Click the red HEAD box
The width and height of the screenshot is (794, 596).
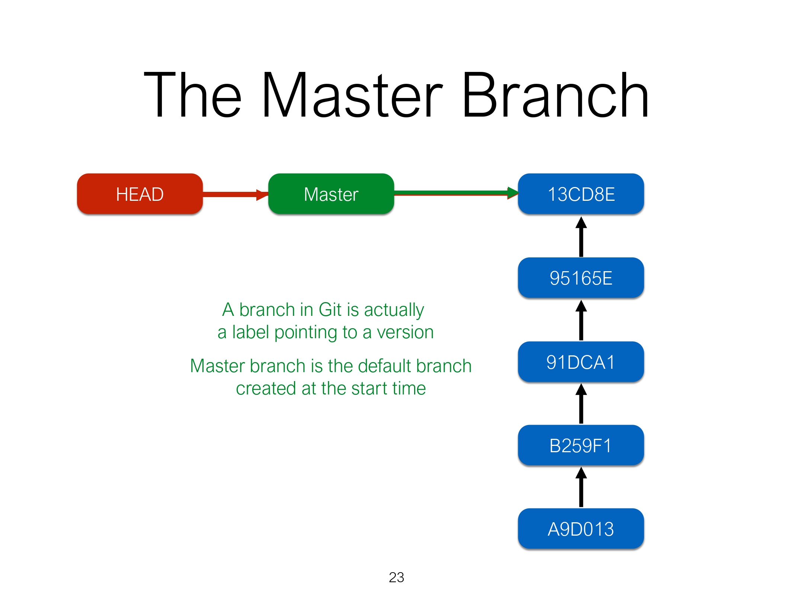(140, 194)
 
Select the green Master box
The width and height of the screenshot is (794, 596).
(331, 194)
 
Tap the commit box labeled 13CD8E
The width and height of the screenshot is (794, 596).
(581, 194)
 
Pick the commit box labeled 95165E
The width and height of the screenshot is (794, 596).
(581, 278)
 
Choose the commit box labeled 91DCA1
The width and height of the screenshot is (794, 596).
(581, 362)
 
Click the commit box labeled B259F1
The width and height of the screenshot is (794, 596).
(581, 446)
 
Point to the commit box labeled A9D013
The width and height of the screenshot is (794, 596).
(581, 529)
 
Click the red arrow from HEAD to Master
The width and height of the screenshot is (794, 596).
(234, 194)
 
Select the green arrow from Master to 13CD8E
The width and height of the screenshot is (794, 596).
(454, 193)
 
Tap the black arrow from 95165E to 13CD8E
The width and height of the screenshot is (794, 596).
(581, 237)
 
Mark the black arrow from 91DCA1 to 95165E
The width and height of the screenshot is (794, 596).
(581, 321)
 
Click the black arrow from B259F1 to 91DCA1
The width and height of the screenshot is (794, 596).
(581, 404)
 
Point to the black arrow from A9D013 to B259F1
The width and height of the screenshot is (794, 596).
(581, 488)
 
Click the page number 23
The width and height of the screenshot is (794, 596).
(396, 577)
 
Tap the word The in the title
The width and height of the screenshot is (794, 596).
(193, 96)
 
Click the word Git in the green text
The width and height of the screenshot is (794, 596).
(330, 310)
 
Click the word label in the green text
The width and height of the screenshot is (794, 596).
(250, 332)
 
